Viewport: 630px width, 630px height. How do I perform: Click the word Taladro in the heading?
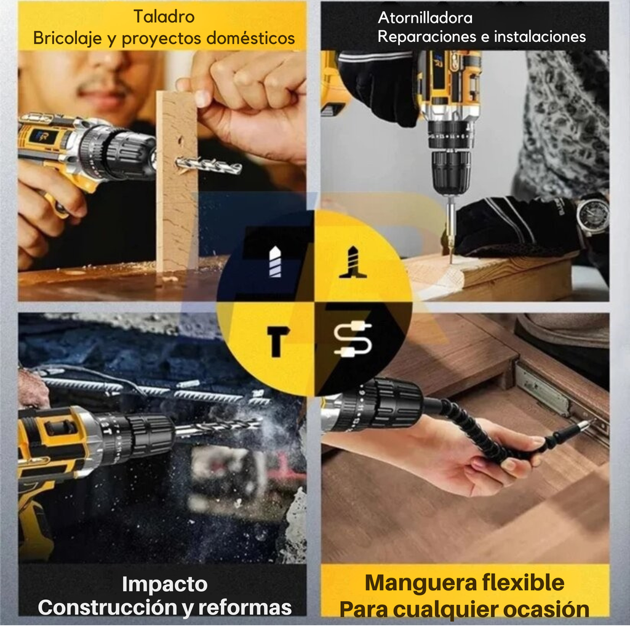[x=163, y=17]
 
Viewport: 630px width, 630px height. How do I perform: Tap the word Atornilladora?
[x=425, y=18]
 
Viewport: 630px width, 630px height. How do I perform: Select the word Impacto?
[x=164, y=584]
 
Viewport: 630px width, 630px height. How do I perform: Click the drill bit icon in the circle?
[x=275, y=262]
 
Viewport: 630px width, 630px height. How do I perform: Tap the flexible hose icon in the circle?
[x=353, y=340]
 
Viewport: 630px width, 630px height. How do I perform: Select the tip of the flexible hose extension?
[x=584, y=425]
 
